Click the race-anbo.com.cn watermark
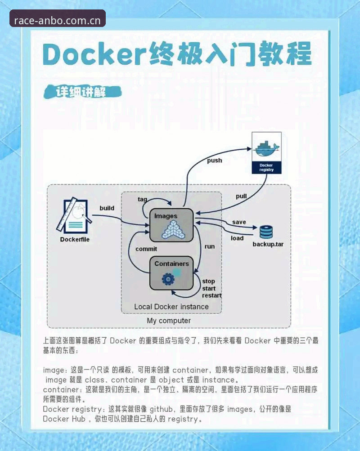tap(57, 21)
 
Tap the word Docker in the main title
tap(94, 54)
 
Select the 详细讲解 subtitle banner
tap(82, 92)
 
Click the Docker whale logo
tap(266, 148)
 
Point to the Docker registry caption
tap(266, 167)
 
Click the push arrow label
tap(215, 161)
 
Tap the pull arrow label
tap(241, 196)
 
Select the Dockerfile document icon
tap(74, 216)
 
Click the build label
tap(107, 208)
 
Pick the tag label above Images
tap(143, 199)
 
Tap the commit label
tap(146, 249)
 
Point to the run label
tap(210, 246)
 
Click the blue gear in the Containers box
tap(168, 279)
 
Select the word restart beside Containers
tap(212, 295)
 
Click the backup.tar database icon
tap(266, 232)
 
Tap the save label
tap(239, 222)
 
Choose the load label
tap(237, 238)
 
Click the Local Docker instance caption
tap(171, 307)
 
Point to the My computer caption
tap(169, 321)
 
